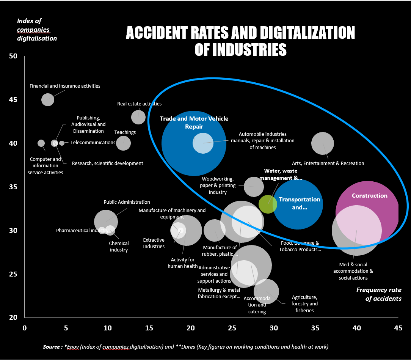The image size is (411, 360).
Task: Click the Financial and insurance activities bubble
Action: coord(48,100)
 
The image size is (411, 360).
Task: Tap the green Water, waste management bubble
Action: coord(268,204)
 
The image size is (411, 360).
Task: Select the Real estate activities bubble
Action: coord(138,117)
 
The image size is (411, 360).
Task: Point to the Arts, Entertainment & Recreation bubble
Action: coord(323,143)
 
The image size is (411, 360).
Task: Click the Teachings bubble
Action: coord(123,143)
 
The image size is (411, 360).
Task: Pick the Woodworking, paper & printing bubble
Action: coord(254,187)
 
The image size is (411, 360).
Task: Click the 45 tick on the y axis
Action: coord(13,100)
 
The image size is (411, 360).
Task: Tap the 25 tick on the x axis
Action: coord(232,328)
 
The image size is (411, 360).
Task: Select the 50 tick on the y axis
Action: coord(13,56)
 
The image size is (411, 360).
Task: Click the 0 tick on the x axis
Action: coord(25,328)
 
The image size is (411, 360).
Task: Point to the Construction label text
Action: coord(370,196)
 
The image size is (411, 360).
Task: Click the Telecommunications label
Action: coord(93,142)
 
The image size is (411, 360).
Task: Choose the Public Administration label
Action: coord(127,202)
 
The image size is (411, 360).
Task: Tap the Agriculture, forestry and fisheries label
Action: coord(304,303)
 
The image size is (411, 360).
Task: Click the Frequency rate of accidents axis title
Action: coord(379,294)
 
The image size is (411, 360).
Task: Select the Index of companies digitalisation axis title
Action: coord(37,30)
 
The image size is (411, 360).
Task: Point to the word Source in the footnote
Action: coord(52,347)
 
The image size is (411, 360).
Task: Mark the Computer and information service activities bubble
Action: coord(41,143)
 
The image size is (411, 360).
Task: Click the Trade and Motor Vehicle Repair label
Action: coord(194,123)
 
